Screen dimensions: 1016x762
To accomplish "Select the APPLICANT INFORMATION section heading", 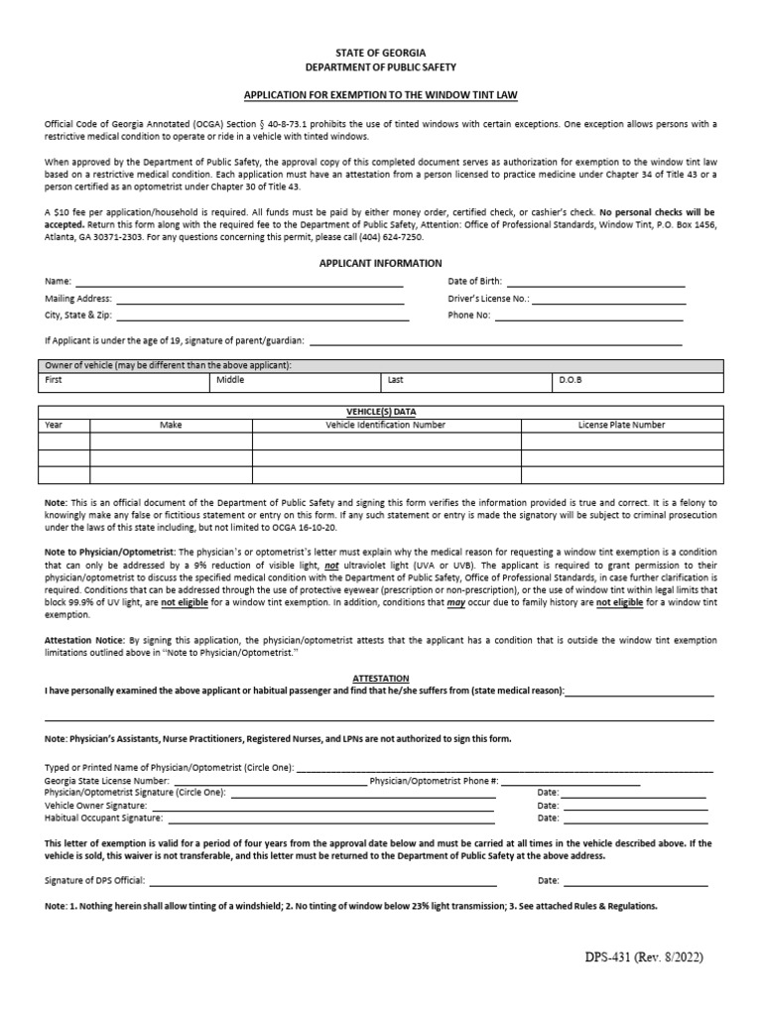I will tap(380, 263).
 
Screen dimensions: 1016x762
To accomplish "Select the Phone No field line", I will tap(589, 317).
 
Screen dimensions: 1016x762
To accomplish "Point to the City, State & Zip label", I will tap(78, 316).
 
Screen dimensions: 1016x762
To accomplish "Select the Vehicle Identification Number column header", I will tap(386, 425).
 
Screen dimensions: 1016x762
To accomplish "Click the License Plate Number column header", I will tap(621, 425).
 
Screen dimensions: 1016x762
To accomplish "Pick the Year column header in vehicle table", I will tap(54, 425).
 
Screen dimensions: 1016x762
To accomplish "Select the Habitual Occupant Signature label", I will tap(103, 819).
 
